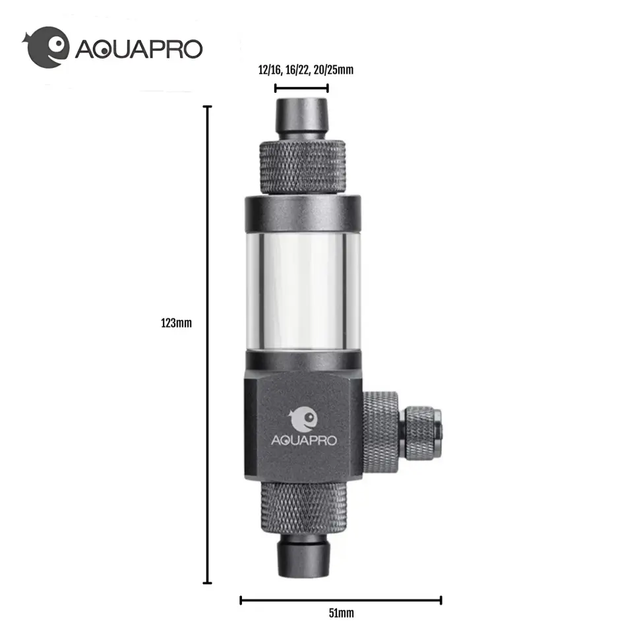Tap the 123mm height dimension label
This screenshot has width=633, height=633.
[x=176, y=323]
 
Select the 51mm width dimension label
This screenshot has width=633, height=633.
[x=341, y=613]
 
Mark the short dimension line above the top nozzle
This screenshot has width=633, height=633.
[x=301, y=87]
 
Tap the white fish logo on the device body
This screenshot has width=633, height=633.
[x=304, y=418]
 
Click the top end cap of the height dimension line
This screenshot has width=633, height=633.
[x=208, y=106]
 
